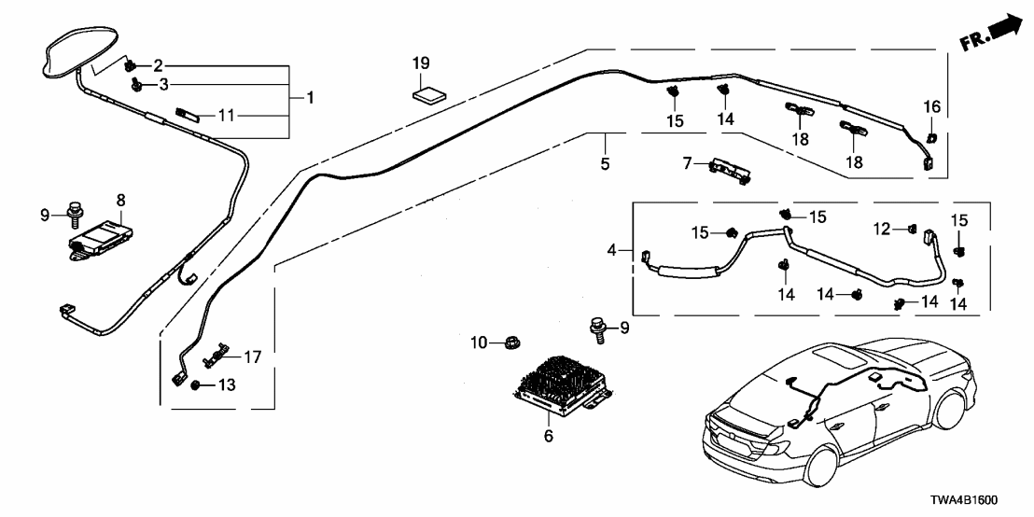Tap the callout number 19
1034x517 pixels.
(x=422, y=64)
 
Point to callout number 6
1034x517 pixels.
(x=548, y=437)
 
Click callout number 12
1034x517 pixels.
(x=880, y=229)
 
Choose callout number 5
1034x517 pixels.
(x=605, y=165)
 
